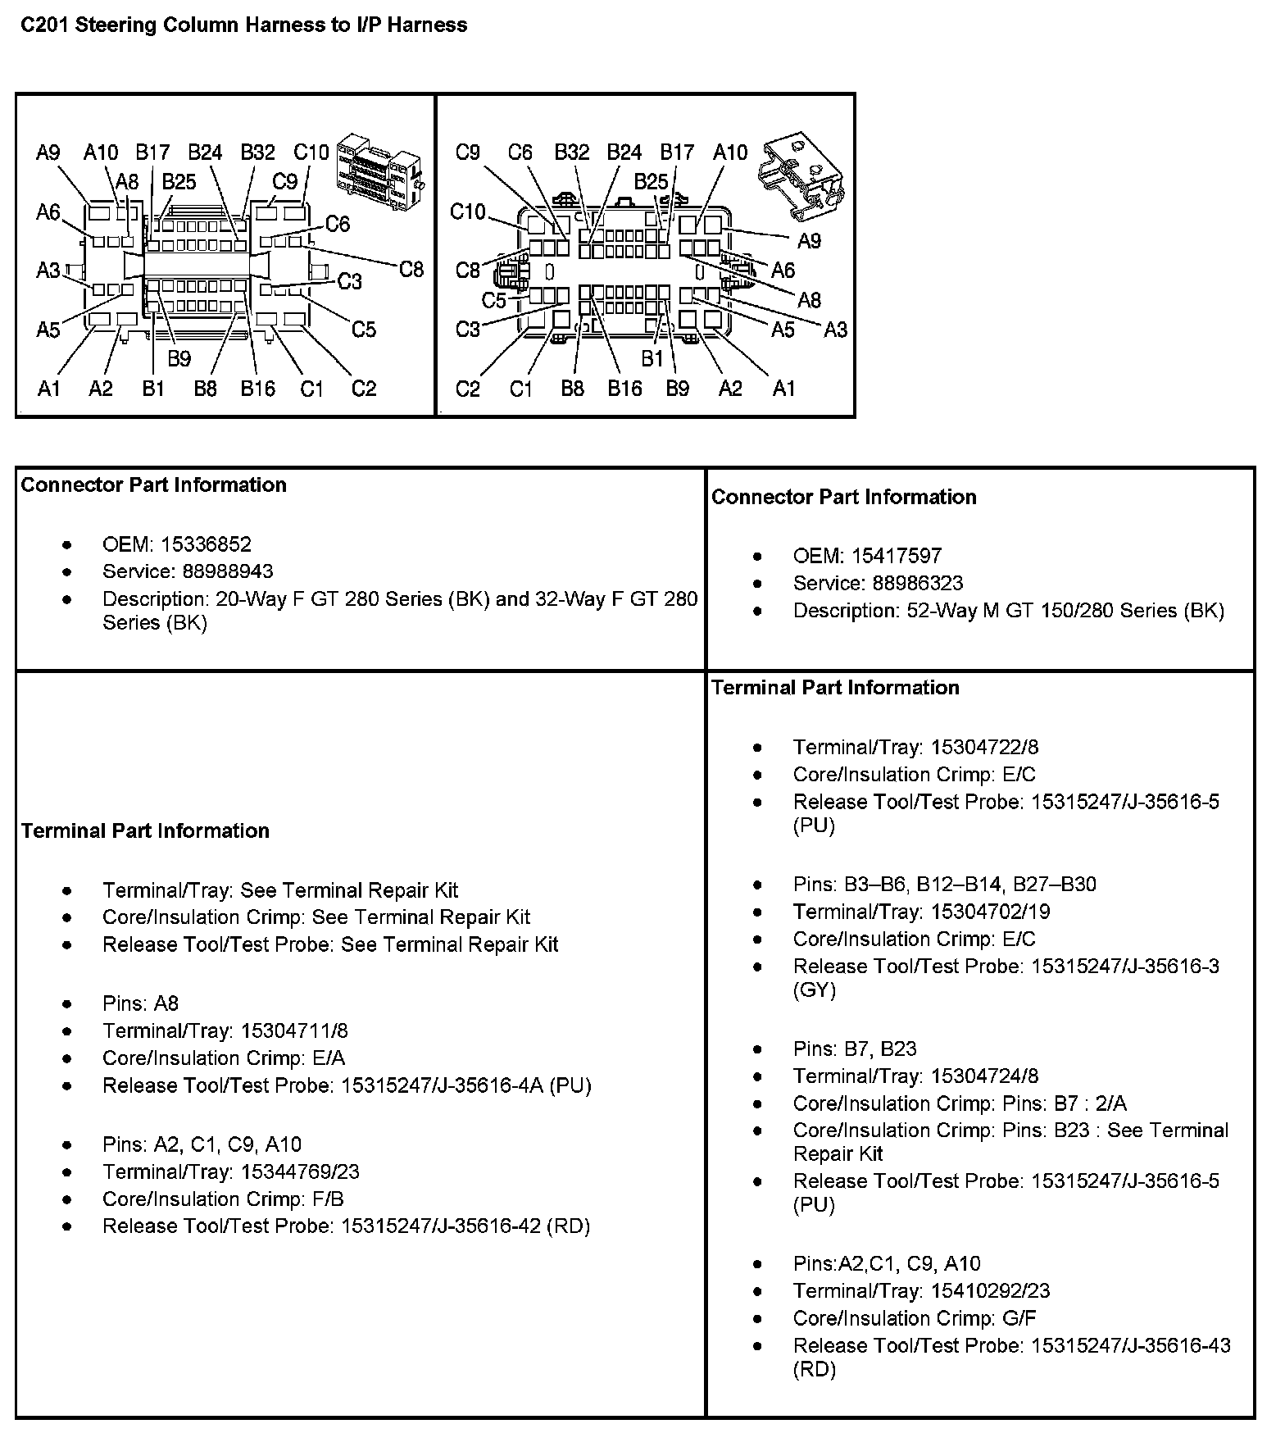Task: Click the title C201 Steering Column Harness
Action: coord(243,25)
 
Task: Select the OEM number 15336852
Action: coord(206,544)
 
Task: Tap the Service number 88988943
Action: coord(217,571)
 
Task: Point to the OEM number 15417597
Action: coord(897,556)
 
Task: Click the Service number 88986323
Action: coord(907,583)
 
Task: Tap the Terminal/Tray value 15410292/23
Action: coord(990,1290)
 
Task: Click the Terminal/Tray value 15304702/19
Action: coord(990,912)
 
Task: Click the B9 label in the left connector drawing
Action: coord(179,358)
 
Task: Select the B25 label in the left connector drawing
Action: coord(179,181)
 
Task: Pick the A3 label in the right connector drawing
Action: coord(835,330)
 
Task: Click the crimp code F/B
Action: coord(328,1199)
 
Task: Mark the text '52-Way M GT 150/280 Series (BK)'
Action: coord(1065,611)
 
